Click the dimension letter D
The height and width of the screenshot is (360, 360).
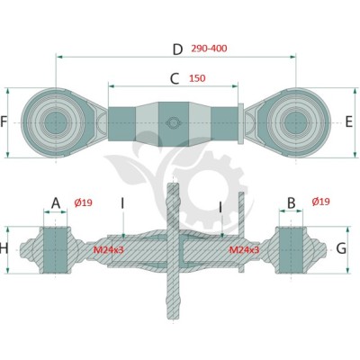tap(177, 49)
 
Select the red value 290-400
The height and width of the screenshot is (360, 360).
tap(209, 49)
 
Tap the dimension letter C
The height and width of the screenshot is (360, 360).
tap(175, 79)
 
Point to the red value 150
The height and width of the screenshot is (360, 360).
tap(197, 78)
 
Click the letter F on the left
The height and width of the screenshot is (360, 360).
tap(4, 122)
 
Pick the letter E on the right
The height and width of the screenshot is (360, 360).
tap(349, 122)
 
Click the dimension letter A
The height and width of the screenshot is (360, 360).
tap(56, 203)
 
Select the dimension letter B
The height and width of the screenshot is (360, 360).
tap(292, 203)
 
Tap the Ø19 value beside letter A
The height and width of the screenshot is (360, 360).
tap(83, 203)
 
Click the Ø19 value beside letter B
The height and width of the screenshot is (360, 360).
tap(320, 202)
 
